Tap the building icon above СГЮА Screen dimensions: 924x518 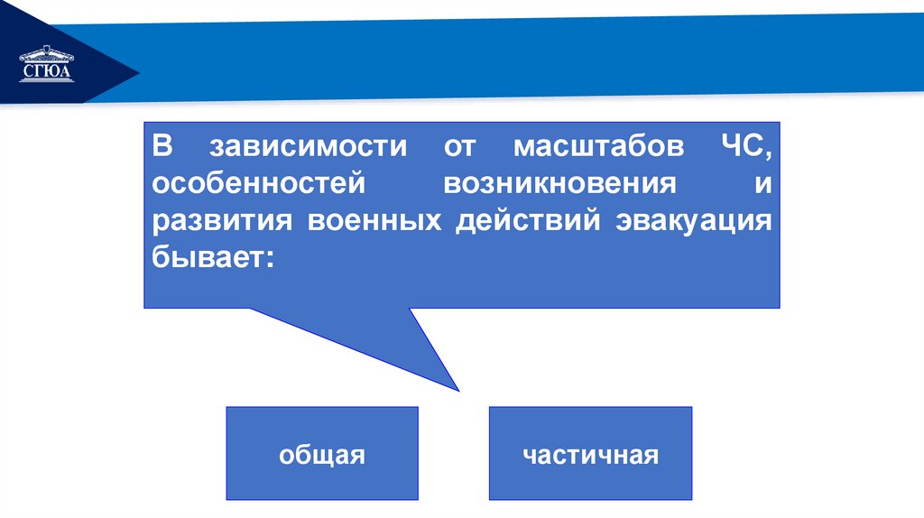click(x=45, y=54)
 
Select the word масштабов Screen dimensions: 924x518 click(x=591, y=146)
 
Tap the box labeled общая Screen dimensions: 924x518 click(x=322, y=454)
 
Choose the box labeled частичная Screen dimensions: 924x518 click(x=590, y=454)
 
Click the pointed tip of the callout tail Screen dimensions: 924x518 click(x=458, y=390)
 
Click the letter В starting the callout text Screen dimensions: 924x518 click(x=161, y=146)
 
